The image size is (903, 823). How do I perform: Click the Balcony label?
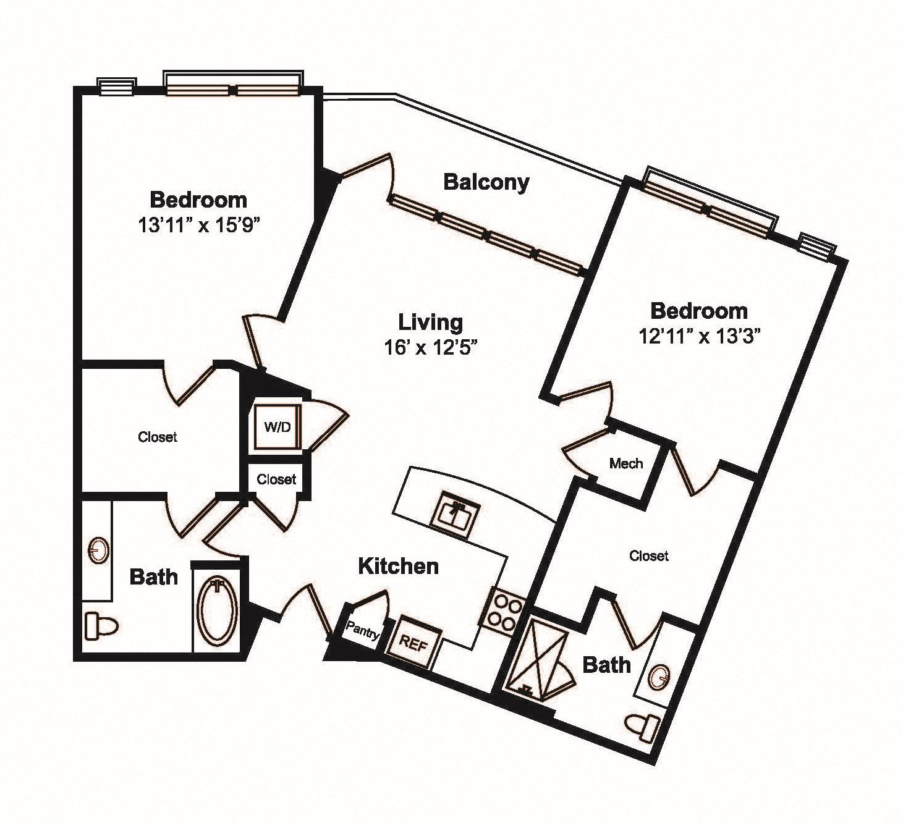click(x=486, y=183)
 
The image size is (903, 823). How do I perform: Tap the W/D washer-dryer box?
click(x=278, y=426)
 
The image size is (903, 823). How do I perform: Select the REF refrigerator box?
click(x=413, y=644)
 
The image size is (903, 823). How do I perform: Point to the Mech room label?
click(x=626, y=463)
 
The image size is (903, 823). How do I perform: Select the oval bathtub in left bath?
click(x=219, y=609)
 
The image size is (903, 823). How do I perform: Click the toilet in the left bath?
click(x=101, y=625)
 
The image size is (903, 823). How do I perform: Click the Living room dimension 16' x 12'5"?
click(x=430, y=348)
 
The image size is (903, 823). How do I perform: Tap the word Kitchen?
click(x=399, y=567)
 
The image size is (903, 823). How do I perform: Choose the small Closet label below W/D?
click(x=276, y=479)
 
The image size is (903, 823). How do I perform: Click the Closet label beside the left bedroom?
click(x=158, y=437)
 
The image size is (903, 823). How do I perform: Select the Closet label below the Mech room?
click(x=649, y=556)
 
